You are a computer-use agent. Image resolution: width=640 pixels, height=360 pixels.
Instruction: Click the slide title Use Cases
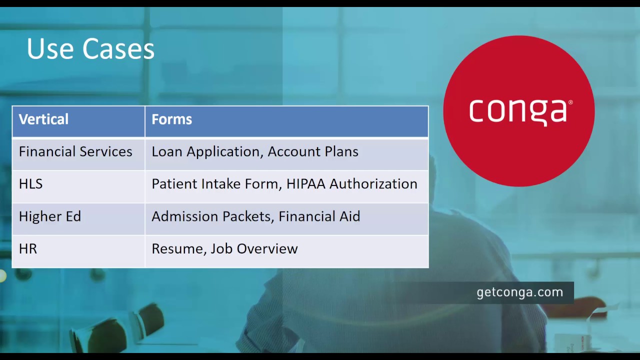click(x=90, y=49)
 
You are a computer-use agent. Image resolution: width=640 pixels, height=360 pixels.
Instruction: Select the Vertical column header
click(x=43, y=119)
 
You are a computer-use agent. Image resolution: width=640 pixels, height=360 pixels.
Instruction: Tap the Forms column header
click(x=171, y=119)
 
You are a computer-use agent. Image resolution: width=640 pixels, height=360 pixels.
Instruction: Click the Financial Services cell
click(x=75, y=152)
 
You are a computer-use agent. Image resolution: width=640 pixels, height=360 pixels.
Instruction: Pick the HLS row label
click(x=30, y=184)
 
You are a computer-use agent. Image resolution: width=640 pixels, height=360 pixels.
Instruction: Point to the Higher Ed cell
click(x=49, y=216)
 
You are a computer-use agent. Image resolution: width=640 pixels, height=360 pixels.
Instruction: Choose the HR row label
click(x=28, y=249)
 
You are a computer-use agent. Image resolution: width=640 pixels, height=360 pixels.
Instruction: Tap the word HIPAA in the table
click(x=305, y=184)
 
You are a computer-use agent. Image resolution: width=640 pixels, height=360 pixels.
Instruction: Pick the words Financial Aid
click(x=319, y=216)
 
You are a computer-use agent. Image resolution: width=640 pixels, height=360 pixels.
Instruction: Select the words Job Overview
click(x=254, y=249)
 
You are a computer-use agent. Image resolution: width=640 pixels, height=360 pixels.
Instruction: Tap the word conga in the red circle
click(x=517, y=111)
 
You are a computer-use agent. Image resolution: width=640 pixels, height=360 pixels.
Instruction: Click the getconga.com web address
click(x=520, y=292)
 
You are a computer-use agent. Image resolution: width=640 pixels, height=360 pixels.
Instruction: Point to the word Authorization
click(x=373, y=184)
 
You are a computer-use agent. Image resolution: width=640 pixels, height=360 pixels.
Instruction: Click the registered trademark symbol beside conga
click(x=570, y=102)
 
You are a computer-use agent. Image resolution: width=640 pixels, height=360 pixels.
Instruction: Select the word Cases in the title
click(x=118, y=49)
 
